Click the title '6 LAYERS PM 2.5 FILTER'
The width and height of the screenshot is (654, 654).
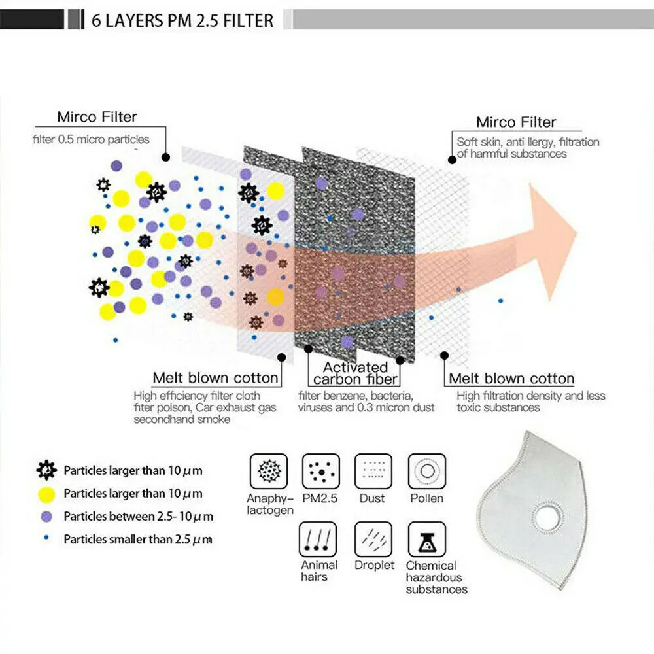tap(181, 20)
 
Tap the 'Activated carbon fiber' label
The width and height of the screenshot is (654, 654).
tap(355, 373)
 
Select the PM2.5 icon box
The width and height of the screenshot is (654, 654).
tap(320, 471)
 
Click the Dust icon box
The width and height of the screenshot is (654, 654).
tap(373, 471)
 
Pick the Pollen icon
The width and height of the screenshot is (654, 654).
tap(426, 471)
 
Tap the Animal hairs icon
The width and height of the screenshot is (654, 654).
tap(318, 539)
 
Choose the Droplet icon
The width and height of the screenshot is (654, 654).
tap(373, 539)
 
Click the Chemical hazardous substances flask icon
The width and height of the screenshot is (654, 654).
tap(426, 539)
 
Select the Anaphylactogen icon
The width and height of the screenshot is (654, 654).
tap(268, 471)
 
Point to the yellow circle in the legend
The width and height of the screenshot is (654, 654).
tap(46, 493)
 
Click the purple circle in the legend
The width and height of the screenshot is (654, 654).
tap(46, 516)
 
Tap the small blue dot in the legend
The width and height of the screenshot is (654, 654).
tap(46, 539)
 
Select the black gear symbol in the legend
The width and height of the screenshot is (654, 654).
tap(46, 470)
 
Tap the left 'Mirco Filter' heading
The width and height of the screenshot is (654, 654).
tap(97, 117)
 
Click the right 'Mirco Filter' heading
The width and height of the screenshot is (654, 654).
tap(516, 122)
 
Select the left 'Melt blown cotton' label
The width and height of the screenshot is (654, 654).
tap(215, 378)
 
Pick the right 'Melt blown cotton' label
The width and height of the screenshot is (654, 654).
tap(511, 379)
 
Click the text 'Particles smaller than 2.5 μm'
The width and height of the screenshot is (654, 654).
tap(137, 540)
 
